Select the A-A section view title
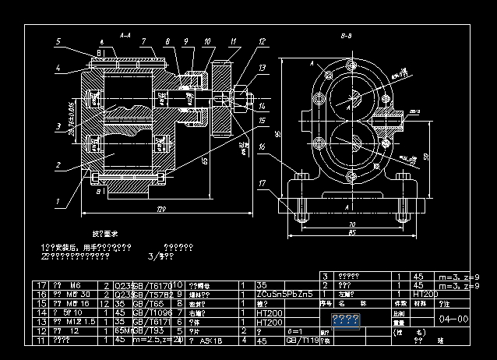tap(125, 35)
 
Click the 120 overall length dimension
tap(162, 210)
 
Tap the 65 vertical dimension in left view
tap(204, 160)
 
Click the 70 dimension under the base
tap(351, 224)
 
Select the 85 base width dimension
tap(351, 232)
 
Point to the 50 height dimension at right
tap(428, 155)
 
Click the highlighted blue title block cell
tap(344, 319)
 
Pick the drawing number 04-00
tap(453, 319)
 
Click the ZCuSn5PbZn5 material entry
tap(284, 295)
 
